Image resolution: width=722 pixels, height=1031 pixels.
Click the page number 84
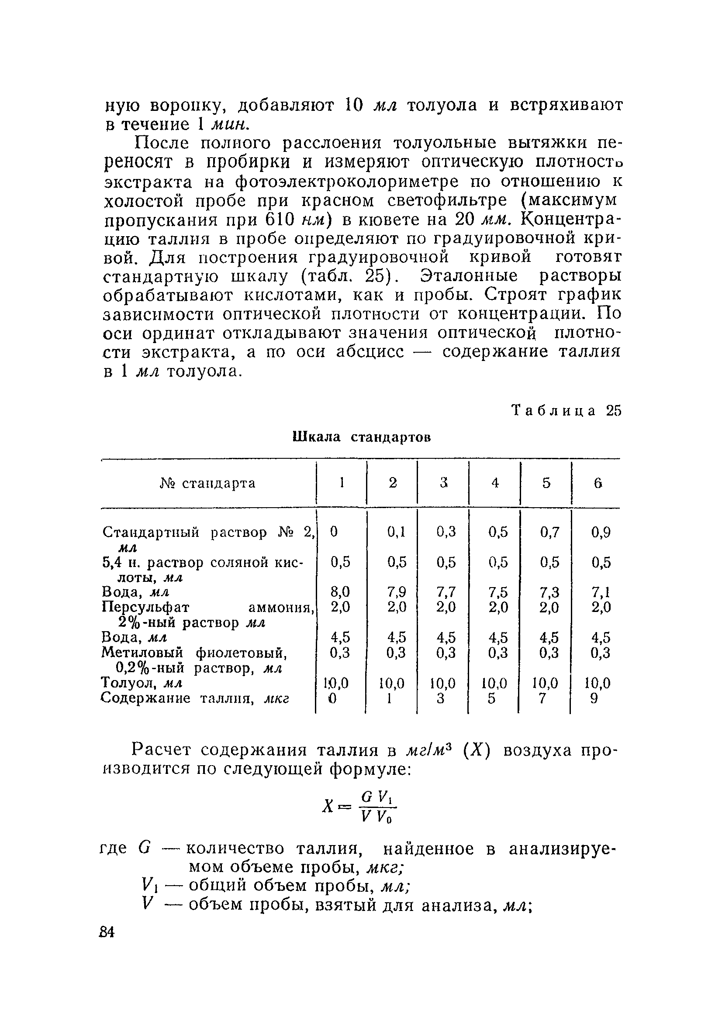[x=107, y=932]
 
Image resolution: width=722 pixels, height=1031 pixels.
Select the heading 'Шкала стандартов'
[x=362, y=437]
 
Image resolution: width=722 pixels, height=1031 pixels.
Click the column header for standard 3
[x=444, y=483]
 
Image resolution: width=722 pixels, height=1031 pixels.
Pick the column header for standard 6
[x=597, y=483]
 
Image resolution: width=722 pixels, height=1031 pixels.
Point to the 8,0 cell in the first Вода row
[x=340, y=591]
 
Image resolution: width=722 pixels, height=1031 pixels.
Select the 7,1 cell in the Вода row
[x=601, y=592]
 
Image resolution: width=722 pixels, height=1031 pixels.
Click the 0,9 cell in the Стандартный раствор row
[x=601, y=532]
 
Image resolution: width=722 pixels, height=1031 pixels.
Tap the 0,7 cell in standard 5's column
[x=549, y=532]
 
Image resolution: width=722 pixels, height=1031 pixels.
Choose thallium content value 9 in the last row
[x=594, y=699]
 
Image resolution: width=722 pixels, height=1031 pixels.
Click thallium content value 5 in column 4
[x=492, y=699]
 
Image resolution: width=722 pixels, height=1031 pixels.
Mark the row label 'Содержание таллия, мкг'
[x=194, y=698]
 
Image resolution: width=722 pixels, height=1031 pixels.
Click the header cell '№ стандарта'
[x=207, y=483]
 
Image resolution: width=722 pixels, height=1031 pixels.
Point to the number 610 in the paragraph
[x=279, y=220]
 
